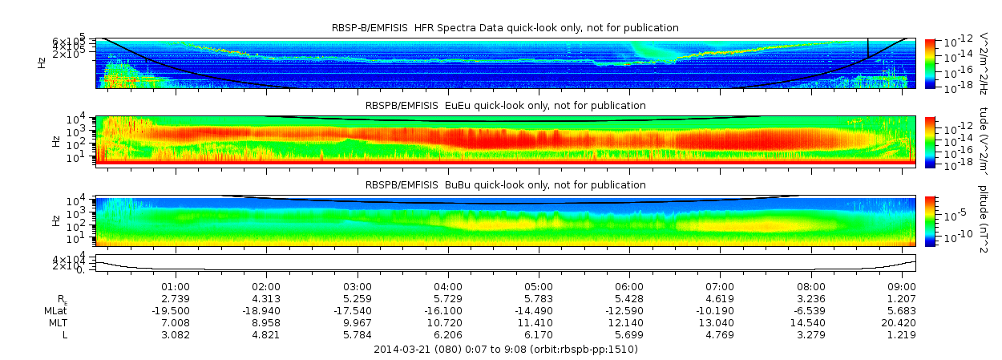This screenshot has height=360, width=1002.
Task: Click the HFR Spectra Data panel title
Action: click(x=505, y=28)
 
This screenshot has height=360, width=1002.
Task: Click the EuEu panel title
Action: click(x=505, y=106)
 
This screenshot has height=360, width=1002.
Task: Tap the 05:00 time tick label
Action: click(x=539, y=286)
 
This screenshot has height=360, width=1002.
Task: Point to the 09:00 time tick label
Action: click(x=902, y=286)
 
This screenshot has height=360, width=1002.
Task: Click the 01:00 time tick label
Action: click(x=176, y=286)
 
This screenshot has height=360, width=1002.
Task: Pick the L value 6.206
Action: click(x=448, y=334)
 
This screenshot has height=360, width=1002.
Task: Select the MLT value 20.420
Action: click(x=902, y=322)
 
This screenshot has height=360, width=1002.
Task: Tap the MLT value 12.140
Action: click(x=629, y=322)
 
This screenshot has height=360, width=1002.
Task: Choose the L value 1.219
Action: click(x=902, y=334)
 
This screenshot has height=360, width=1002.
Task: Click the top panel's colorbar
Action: click(x=930, y=63)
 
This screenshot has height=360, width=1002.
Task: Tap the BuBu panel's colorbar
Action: click(x=930, y=220)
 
